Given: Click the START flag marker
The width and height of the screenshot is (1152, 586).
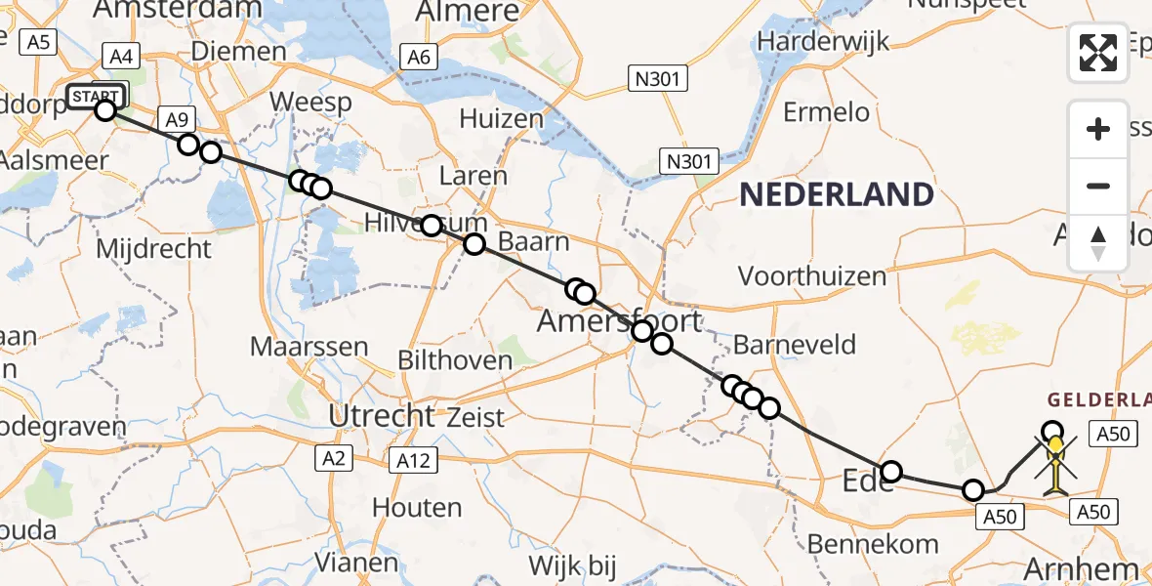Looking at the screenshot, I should tap(98, 96).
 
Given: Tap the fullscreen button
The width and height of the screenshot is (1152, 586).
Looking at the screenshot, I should tap(1098, 53).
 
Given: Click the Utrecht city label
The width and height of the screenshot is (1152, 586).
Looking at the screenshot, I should tap(381, 416).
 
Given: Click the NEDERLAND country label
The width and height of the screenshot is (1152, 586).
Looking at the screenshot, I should tap(836, 194).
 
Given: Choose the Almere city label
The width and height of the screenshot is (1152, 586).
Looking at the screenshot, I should tap(468, 12).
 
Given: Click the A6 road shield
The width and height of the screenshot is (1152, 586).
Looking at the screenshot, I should tap(419, 58).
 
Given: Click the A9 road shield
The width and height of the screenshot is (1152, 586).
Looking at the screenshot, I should tap(176, 120).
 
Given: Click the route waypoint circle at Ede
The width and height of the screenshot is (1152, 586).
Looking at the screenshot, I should tap(891, 473).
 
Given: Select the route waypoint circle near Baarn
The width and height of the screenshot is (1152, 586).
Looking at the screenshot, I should tap(473, 244).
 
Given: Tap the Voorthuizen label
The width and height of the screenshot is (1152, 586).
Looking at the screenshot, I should tap(811, 276).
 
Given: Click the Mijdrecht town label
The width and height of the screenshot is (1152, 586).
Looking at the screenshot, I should tap(153, 248).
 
